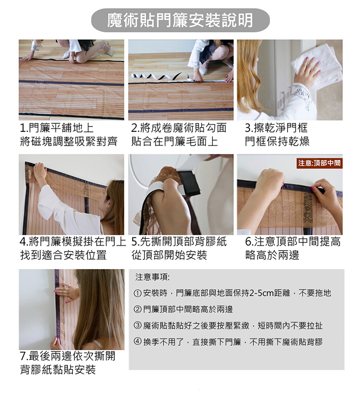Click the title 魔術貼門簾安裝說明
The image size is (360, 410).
pos(180,21)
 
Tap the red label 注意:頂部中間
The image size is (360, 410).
pos(319,163)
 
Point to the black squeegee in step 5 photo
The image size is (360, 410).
pos(189,183)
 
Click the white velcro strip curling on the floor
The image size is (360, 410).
pos(162,77)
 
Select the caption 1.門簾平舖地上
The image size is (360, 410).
pos(57,128)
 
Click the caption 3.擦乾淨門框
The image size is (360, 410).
pos(276,128)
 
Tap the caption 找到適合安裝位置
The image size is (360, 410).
pos(63,255)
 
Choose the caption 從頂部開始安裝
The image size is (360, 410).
pos(169,255)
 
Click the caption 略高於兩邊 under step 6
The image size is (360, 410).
pos(272,255)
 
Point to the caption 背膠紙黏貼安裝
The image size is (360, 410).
pos(58,369)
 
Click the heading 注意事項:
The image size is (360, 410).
pos(152,277)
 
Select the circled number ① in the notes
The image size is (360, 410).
pos(138,293)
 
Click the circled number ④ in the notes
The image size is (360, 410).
pos(138,342)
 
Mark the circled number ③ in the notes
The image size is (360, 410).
pos(138,326)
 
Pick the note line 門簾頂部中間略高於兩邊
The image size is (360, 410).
pos(188,310)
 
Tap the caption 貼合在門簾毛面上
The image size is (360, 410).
pos(175,141)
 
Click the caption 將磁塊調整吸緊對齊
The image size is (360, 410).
pos(69,141)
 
